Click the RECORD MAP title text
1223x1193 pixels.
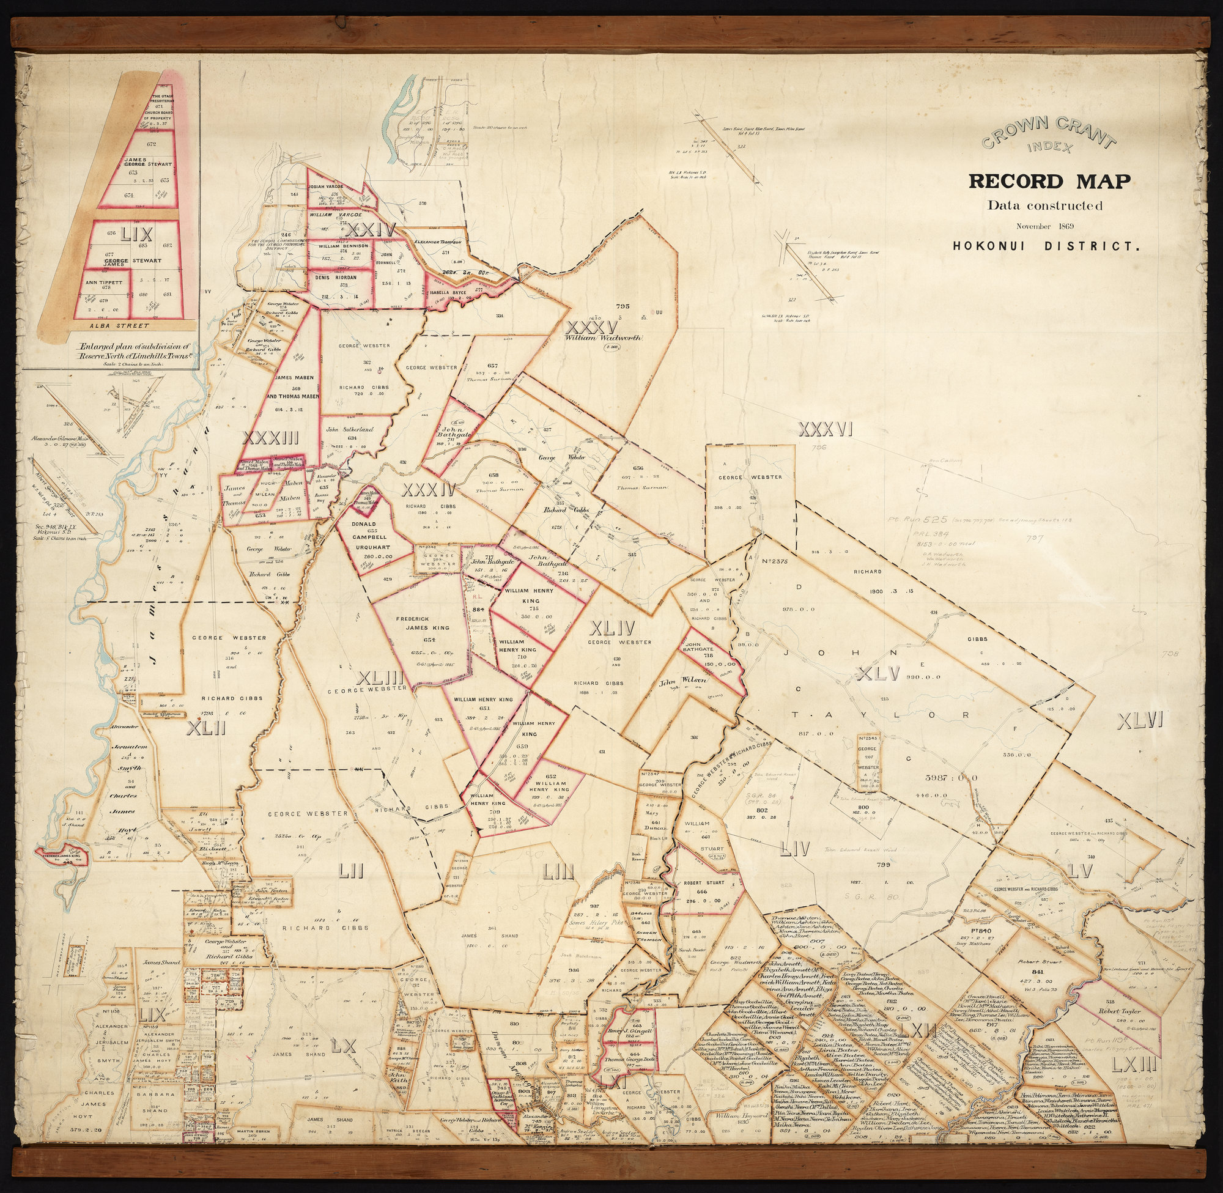(x=1049, y=182)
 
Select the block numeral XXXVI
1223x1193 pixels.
(x=826, y=429)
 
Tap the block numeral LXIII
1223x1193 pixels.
(x=1132, y=1064)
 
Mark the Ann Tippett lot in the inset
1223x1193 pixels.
(x=105, y=283)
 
